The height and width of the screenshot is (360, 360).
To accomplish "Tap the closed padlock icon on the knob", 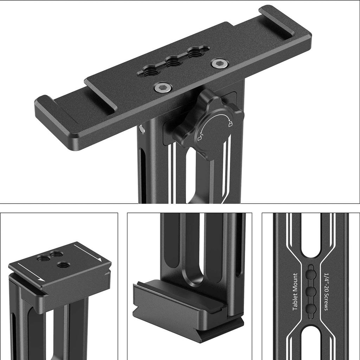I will (x=230, y=123).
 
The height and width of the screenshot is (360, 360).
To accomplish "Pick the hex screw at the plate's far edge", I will (x=220, y=63).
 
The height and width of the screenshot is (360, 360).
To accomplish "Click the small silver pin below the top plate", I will (x=141, y=129).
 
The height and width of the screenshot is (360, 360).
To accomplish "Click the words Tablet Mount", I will (x=295, y=291).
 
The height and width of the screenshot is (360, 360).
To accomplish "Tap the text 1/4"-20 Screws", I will (x=325, y=291).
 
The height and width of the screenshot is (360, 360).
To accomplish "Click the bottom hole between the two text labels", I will (x=310, y=308).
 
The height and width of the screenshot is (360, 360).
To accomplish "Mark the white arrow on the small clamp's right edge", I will (x=88, y=253).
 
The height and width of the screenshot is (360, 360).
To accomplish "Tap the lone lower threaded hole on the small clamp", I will (x=64, y=265).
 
